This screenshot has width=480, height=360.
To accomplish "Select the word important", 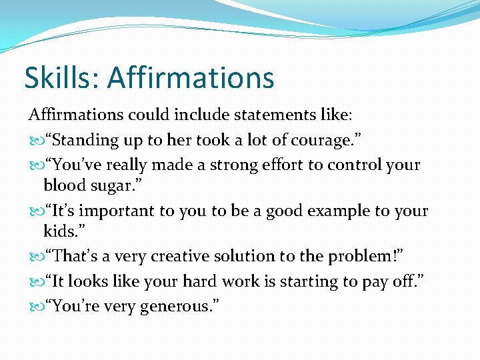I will [117, 211].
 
